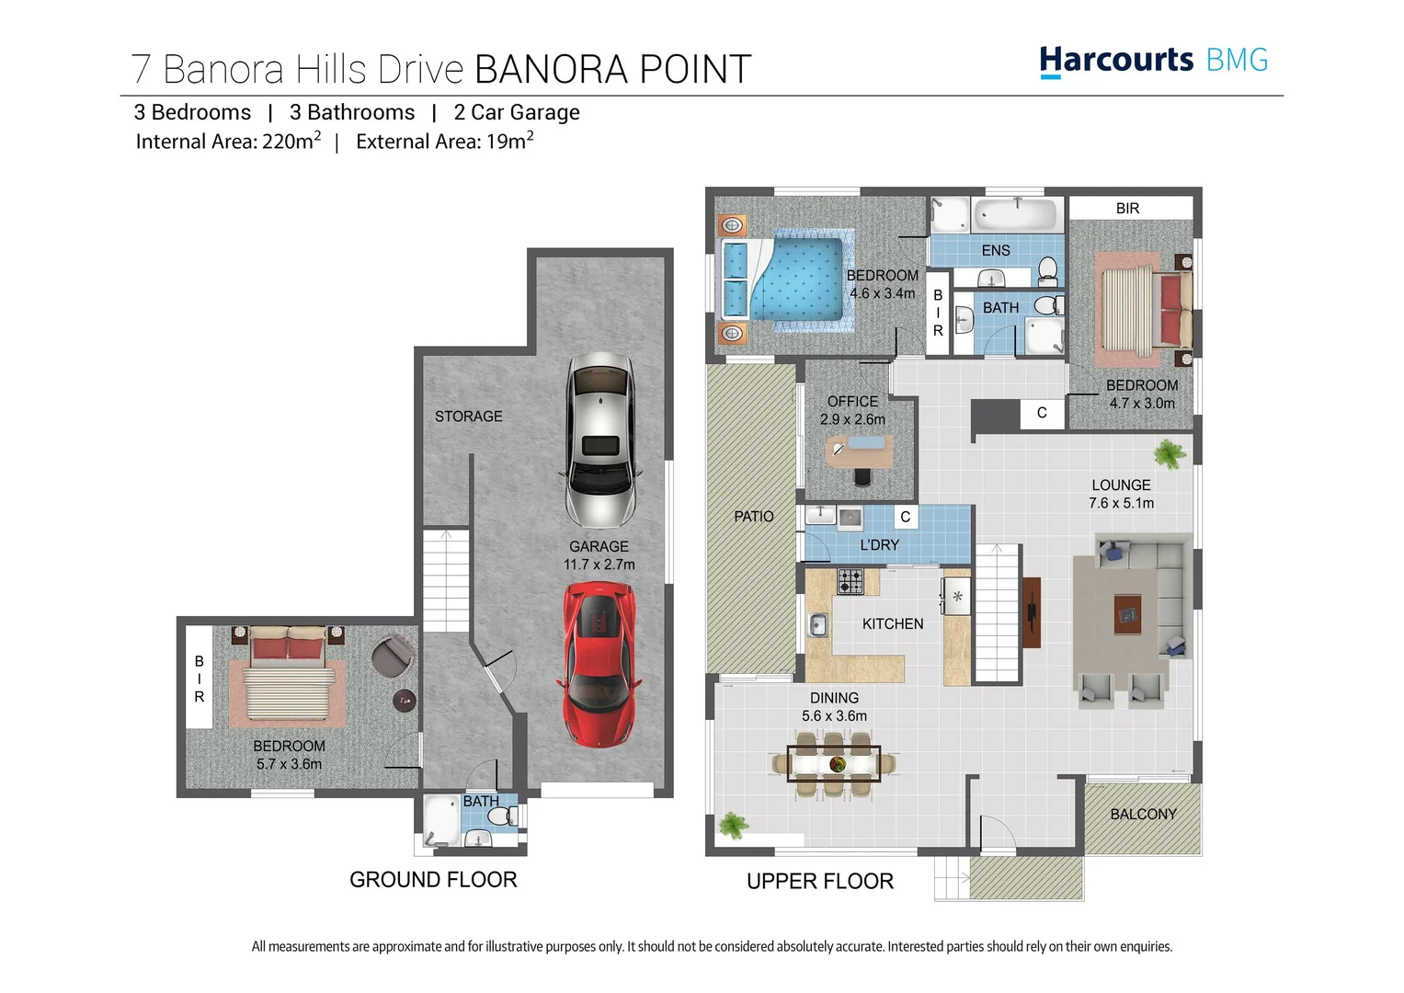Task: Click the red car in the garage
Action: (x=599, y=664)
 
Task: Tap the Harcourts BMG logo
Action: (x=1153, y=61)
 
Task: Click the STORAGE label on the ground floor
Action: (x=468, y=417)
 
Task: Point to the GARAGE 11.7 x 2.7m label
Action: (x=599, y=555)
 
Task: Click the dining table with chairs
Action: (x=835, y=763)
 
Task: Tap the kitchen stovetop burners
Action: (x=850, y=581)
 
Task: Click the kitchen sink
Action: (x=817, y=625)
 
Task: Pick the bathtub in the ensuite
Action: (x=1015, y=215)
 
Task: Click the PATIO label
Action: (x=753, y=517)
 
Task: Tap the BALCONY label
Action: (x=1143, y=815)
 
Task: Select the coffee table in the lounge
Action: (x=1127, y=613)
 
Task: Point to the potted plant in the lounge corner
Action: (x=1169, y=453)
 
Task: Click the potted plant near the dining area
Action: (x=733, y=825)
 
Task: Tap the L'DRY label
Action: (x=879, y=545)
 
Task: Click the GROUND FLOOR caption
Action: (x=433, y=880)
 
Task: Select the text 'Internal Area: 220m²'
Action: (x=228, y=142)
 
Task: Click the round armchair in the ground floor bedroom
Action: (x=393, y=655)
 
